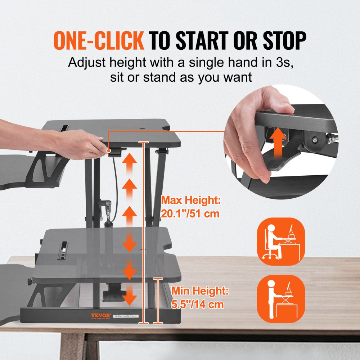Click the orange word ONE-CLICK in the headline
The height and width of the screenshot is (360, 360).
(x=99, y=40)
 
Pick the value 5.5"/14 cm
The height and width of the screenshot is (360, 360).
(x=197, y=304)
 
